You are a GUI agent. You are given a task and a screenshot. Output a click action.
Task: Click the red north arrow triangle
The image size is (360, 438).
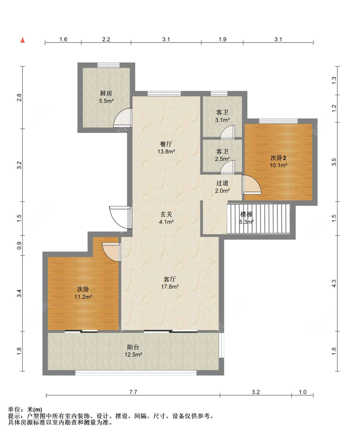coord(23,40)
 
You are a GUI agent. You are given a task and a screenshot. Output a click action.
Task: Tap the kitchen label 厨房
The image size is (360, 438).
coord(106,93)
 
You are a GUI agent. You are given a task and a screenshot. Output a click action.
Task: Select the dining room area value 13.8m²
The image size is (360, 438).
coord(166,152)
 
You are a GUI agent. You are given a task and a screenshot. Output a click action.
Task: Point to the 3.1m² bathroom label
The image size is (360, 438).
coord(222,120)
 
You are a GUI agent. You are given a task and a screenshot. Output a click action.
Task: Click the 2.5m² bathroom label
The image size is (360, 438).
coord(222,159)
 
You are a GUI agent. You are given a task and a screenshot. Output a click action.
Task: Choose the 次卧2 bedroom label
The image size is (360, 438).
coord(278,158)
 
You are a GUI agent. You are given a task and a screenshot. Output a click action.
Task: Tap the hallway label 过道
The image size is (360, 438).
coord(222,183)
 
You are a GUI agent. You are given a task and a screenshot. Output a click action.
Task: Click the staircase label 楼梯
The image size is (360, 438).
coord(246,214)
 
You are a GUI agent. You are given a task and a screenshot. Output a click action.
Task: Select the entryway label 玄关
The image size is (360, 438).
coord(166,214)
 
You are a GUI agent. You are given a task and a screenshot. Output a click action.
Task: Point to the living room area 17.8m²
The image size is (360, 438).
coord(170,287)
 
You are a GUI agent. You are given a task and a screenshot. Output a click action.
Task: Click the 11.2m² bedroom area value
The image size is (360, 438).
coord(83,297)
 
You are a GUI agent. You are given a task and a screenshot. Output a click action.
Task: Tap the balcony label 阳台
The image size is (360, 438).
coord(133,347)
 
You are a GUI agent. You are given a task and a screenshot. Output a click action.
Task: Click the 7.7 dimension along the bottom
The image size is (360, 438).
coord(133,392)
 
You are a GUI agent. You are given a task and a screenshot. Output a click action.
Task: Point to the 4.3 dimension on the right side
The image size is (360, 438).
coord(334,283)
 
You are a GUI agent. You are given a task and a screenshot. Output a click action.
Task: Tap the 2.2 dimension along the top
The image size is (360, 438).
coord(106,39)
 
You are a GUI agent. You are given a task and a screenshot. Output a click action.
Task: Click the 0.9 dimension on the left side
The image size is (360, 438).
coord(19,245)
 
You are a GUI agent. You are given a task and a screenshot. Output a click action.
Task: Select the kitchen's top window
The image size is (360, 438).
coord(108,65)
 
